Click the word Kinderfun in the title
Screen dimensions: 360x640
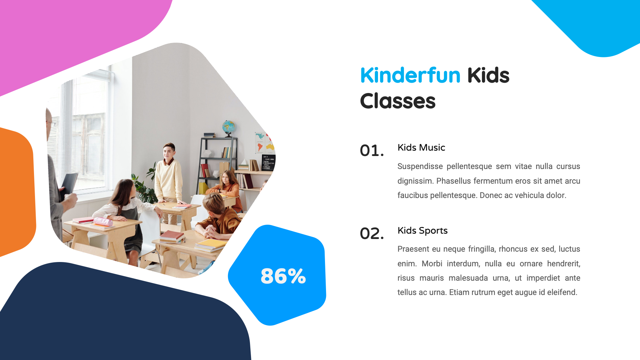pos(410,75)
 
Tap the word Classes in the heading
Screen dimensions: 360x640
pos(398,101)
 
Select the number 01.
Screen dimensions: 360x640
pos(372,151)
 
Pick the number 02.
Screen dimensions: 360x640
pos(372,233)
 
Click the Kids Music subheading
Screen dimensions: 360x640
pos(421,148)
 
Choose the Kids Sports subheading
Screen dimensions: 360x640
pos(422,231)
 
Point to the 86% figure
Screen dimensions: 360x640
pos(283,276)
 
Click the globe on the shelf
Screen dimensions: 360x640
pos(229,127)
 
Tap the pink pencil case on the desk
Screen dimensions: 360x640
pos(103,222)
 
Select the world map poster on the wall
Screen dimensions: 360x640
pos(264,142)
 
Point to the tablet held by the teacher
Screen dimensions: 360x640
pos(69,184)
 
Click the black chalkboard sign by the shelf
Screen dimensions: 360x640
pos(269,162)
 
